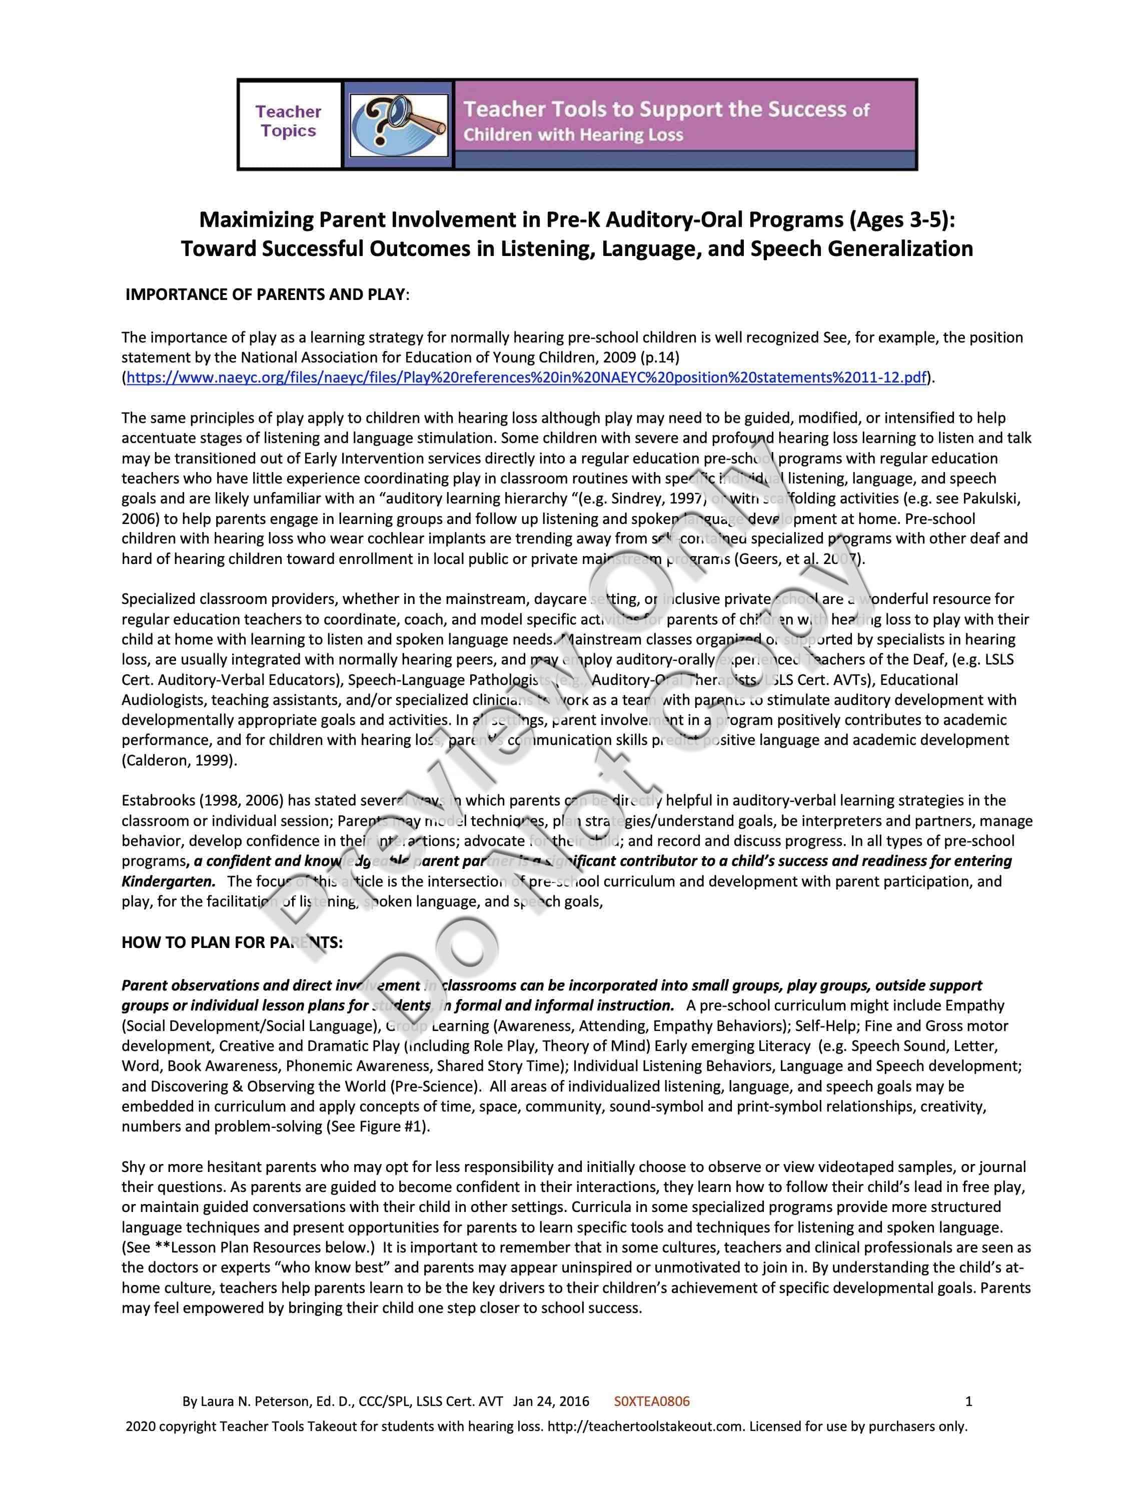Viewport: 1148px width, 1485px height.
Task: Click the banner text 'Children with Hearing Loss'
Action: tap(573, 135)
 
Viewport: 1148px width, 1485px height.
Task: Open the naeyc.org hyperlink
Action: tap(526, 378)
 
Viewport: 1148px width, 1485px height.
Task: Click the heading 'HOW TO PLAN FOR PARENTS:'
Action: tap(232, 942)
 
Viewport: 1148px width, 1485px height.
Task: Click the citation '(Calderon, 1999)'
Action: tap(180, 760)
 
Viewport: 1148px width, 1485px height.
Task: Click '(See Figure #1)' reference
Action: tap(378, 1126)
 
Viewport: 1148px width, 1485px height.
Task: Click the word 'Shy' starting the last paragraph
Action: tap(133, 1167)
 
